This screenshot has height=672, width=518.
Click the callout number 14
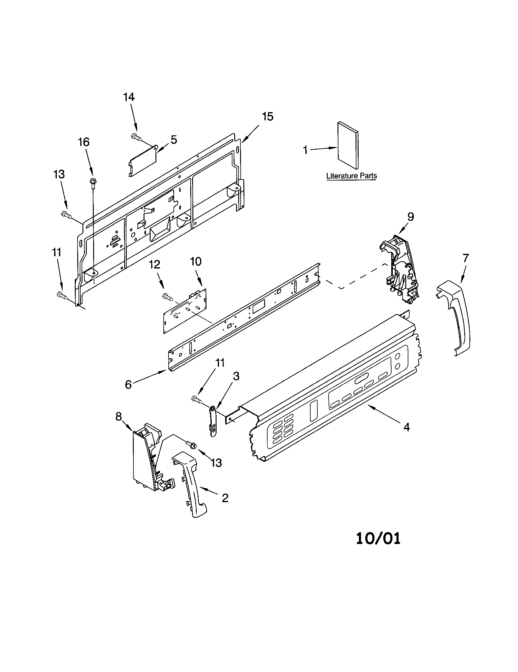[129, 97]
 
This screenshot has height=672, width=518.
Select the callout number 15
[267, 117]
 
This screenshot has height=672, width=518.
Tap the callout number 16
[83, 142]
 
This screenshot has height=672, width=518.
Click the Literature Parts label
[351, 176]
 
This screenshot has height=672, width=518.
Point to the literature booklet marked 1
[348, 145]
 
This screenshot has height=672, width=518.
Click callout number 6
[128, 384]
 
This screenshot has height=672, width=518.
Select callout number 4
[406, 427]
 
